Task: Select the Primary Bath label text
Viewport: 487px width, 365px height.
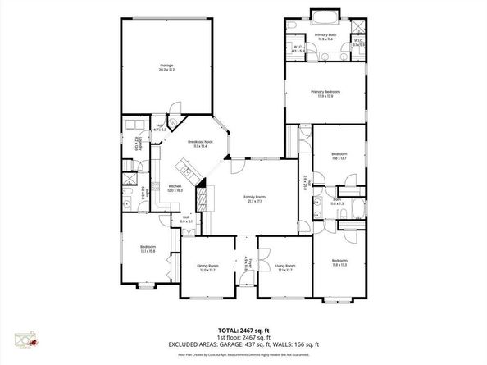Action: [x=325, y=36]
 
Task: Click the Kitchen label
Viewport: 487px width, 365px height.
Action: [x=175, y=188]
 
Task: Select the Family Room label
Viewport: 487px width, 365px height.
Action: [x=254, y=198]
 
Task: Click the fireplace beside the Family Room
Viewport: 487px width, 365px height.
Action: [x=201, y=199]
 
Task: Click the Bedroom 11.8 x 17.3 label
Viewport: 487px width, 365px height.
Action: [x=339, y=263]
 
